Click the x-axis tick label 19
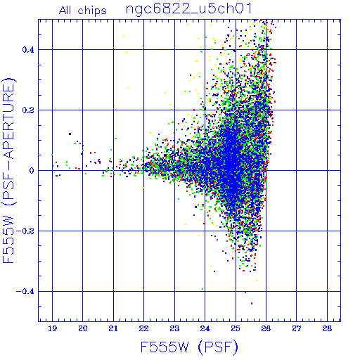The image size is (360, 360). [x=52, y=328]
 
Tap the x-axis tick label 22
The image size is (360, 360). [x=143, y=328]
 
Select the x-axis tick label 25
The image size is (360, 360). [x=236, y=328]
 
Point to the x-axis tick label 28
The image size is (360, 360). [x=327, y=328]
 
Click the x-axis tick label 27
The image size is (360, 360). [x=297, y=328]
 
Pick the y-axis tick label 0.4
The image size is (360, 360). [x=28, y=50]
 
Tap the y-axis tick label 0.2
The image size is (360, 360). [x=28, y=110]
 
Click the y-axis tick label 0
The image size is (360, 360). [x=32, y=170]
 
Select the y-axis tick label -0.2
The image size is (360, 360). [x=25, y=231]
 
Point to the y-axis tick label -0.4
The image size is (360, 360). [x=25, y=292]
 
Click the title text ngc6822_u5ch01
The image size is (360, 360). [x=189, y=9]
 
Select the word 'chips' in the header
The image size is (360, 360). [x=92, y=11]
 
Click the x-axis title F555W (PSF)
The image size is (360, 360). [x=189, y=347]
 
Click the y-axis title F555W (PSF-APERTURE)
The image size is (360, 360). [x=9, y=170]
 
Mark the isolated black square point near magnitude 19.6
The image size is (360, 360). [x=70, y=134]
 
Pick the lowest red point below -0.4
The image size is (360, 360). [x=252, y=303]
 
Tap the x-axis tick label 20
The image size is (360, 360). [x=83, y=328]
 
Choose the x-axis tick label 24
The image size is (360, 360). [x=205, y=328]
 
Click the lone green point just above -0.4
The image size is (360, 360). [x=202, y=289]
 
